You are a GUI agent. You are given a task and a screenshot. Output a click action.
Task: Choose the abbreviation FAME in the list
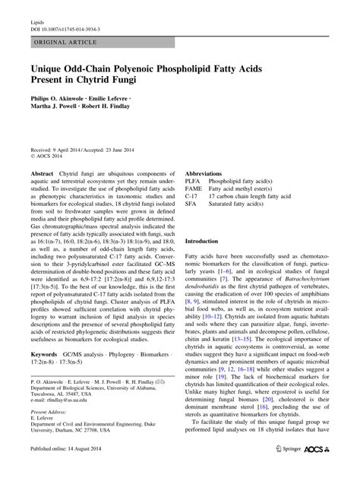pos(194,192)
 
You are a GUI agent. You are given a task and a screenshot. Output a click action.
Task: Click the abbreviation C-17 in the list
pos(192,200)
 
